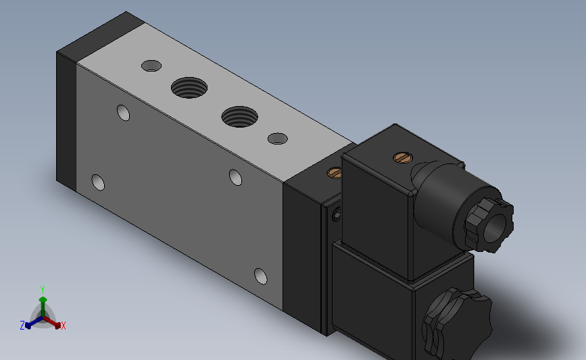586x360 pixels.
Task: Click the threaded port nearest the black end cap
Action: (189, 88)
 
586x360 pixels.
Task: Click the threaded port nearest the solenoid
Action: (239, 117)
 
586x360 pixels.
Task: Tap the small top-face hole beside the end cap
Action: (151, 66)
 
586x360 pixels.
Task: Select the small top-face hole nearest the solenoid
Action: (278, 138)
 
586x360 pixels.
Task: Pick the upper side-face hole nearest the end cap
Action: (123, 113)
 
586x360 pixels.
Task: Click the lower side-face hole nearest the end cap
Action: (98, 182)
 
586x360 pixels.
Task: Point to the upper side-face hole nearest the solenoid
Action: (235, 178)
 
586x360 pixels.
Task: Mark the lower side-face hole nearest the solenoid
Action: (260, 276)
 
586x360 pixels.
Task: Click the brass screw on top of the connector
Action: (403, 157)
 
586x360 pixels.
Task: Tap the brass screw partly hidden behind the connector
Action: (334, 173)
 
